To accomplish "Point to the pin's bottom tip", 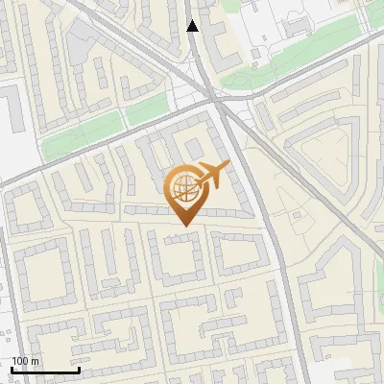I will tap(185, 225).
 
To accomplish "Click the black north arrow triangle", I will tap(193, 26).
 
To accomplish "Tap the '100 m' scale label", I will tap(25, 360).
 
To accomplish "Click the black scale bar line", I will tap(45, 371).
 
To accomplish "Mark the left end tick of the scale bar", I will tap(12, 369).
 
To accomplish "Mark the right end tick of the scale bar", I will tap(79, 369).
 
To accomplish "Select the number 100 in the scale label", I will tap(19, 360).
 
